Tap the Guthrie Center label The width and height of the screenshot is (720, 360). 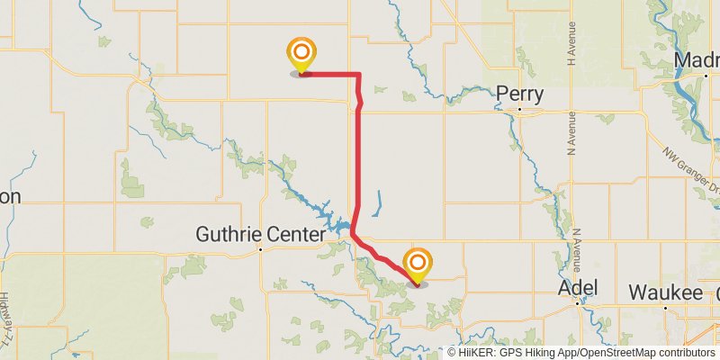click(x=260, y=235)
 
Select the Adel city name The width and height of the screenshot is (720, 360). click(x=578, y=289)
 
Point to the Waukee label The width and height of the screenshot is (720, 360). click(x=665, y=292)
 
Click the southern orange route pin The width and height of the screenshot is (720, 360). click(x=418, y=265)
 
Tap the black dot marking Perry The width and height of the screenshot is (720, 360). click(x=520, y=111)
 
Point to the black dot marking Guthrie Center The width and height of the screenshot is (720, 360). click(x=260, y=249)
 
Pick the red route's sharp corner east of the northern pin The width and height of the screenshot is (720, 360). click(x=359, y=74)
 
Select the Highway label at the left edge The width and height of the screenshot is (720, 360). click(x=6, y=311)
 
